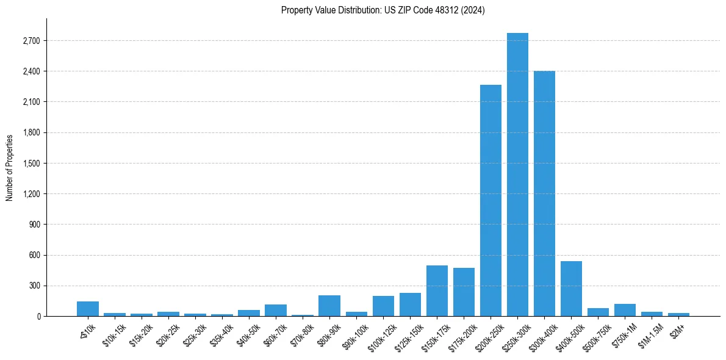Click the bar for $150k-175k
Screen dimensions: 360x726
point(437,291)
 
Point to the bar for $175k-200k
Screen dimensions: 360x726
point(464,292)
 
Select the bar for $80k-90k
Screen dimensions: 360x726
point(329,306)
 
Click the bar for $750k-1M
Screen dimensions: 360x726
point(625,310)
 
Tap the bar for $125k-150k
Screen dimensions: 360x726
point(410,304)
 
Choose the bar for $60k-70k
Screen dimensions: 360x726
point(276,310)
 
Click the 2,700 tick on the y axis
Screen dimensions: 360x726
point(29,41)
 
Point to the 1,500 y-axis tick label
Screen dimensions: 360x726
point(29,164)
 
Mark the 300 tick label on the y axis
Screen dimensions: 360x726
point(33,286)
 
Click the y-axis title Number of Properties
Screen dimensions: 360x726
point(9,167)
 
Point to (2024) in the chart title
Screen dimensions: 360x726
point(473,10)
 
